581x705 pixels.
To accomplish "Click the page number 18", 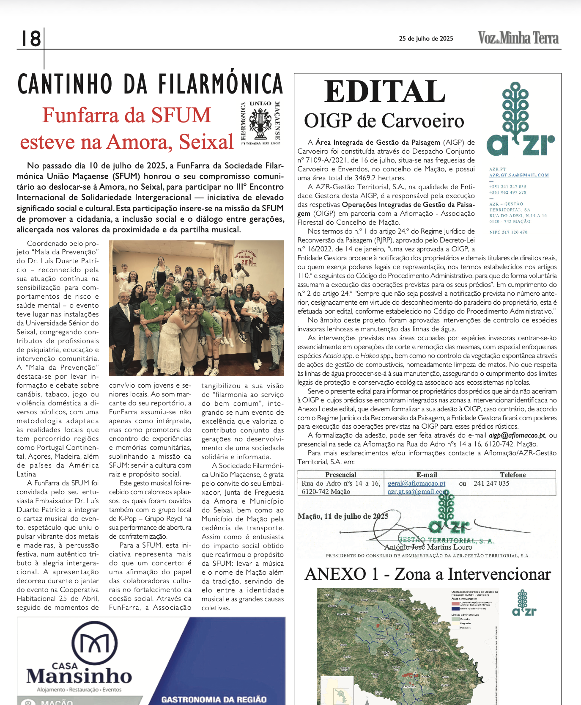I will coord(31,39).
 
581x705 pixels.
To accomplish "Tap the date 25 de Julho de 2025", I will coord(426,39).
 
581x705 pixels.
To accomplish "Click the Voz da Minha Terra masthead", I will coord(518,38).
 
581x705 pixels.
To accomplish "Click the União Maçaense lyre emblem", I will coord(260,123).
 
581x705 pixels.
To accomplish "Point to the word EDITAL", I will coord(385,91).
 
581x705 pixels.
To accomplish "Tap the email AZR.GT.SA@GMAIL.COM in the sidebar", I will coord(519,175).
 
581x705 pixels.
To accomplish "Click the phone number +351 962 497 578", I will coord(507,193).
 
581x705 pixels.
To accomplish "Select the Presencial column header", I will coord(341,475).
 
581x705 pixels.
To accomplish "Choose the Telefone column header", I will coord(512,475).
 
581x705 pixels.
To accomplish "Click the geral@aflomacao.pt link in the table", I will coord(417,483).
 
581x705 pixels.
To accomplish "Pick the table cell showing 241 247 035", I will coord(491,483).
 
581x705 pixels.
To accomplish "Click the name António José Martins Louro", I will coord(428,547).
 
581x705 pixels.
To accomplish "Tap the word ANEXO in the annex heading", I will coord(335,574).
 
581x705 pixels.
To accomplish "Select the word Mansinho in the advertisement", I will coord(79,676).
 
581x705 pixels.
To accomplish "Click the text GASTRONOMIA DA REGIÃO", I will coord(214,699).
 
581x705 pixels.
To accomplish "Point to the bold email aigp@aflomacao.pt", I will coord(517,435).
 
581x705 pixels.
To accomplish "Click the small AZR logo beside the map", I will coord(524,603).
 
